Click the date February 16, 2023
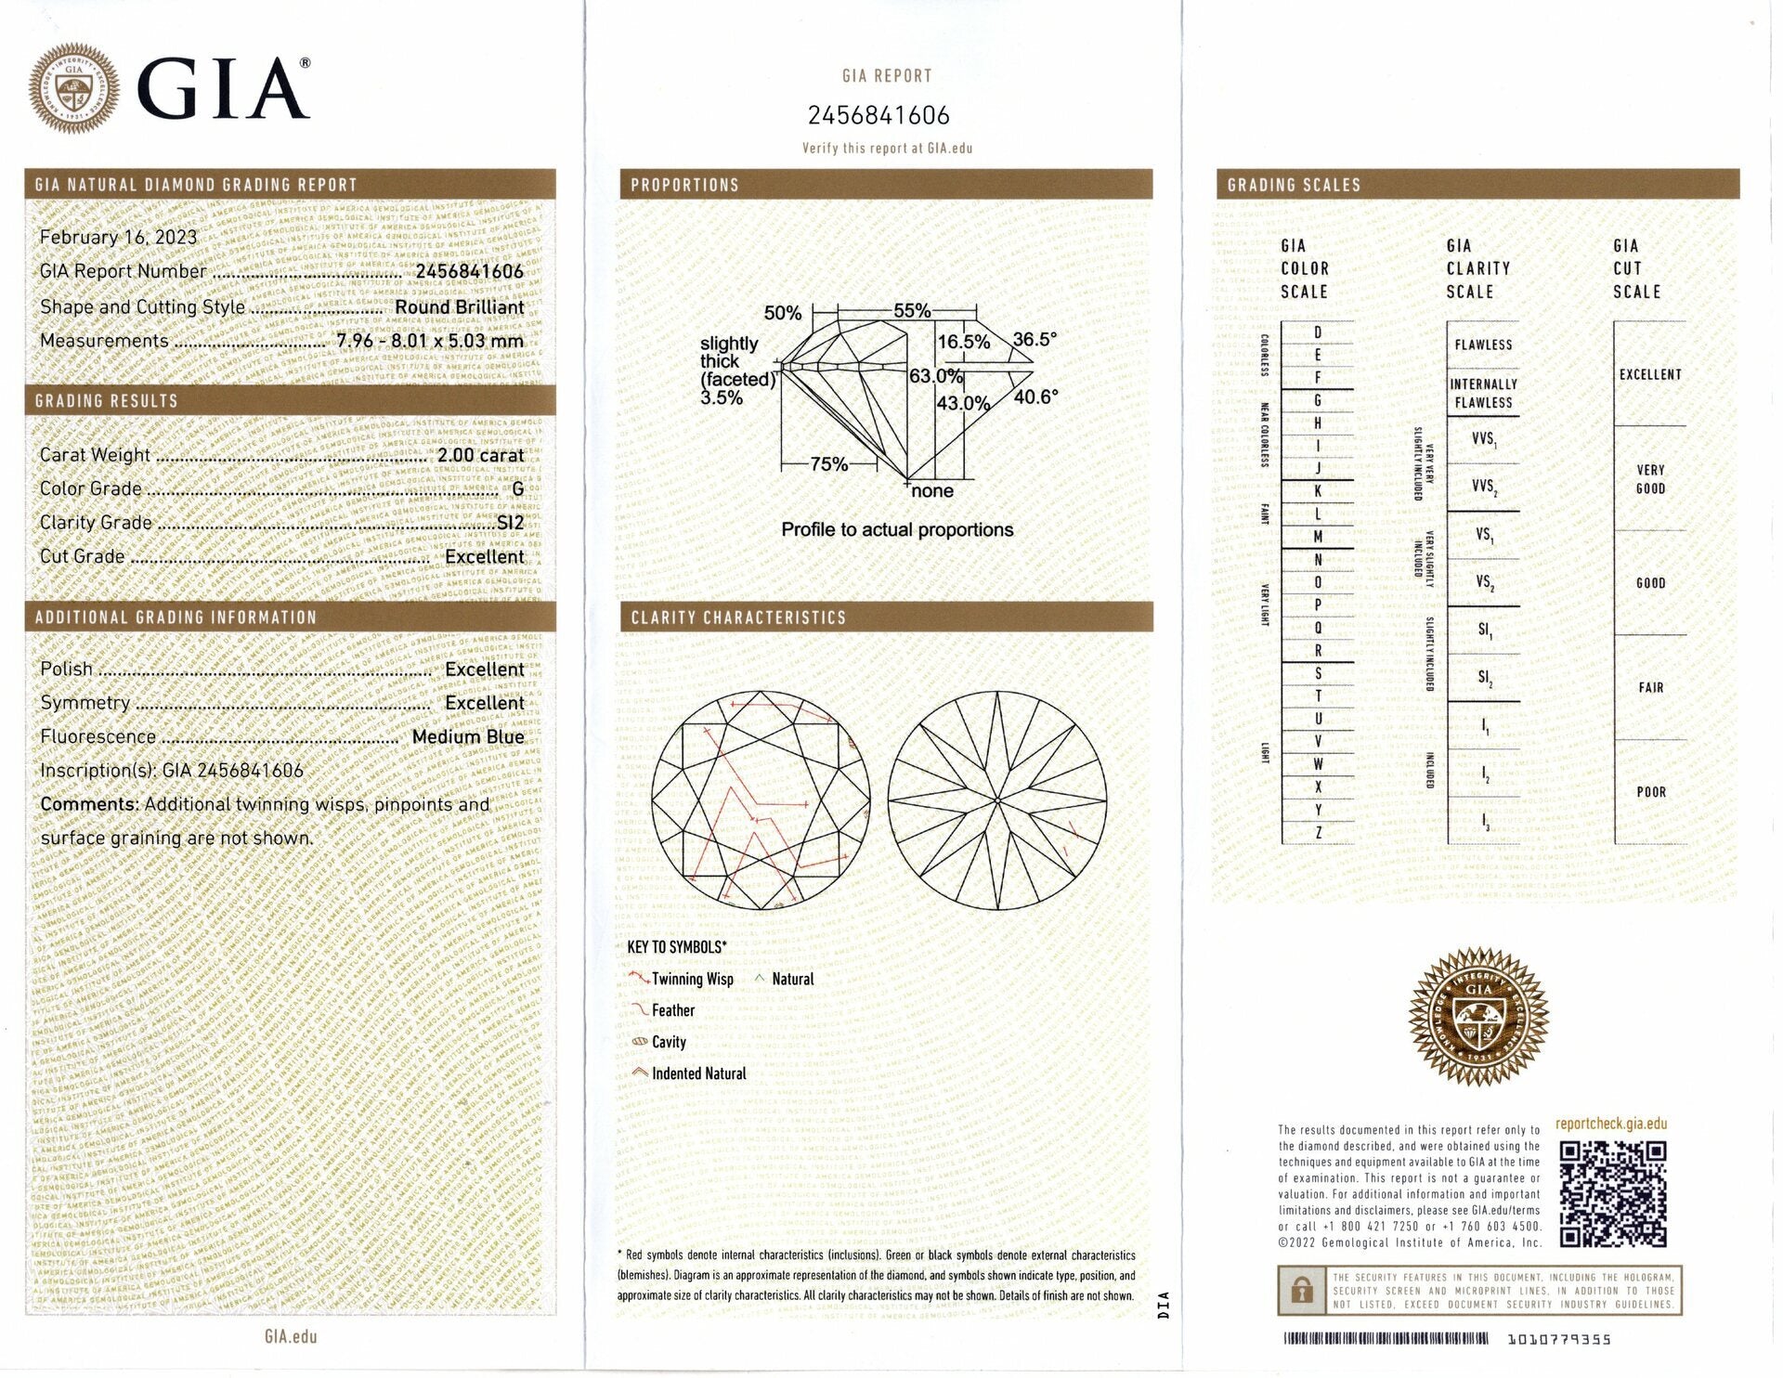pos(118,237)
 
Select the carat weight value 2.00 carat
pos(481,455)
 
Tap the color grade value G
pos(517,488)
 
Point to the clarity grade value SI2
pos(511,523)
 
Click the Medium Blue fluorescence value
pos(468,736)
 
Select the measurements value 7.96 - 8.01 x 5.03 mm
pos(430,341)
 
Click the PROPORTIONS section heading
pos(684,185)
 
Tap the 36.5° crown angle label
pos(1035,339)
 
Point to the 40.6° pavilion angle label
pos(1035,397)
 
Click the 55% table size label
pos(912,311)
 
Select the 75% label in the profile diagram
pos(828,464)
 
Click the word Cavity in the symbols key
pos(669,1042)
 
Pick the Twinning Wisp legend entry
pos(692,979)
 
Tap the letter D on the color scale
pos(1318,332)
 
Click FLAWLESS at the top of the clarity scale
pos(1483,344)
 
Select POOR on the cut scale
pos(1650,792)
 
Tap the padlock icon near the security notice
pos(1302,1291)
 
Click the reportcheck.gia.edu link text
pos(1611,1124)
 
